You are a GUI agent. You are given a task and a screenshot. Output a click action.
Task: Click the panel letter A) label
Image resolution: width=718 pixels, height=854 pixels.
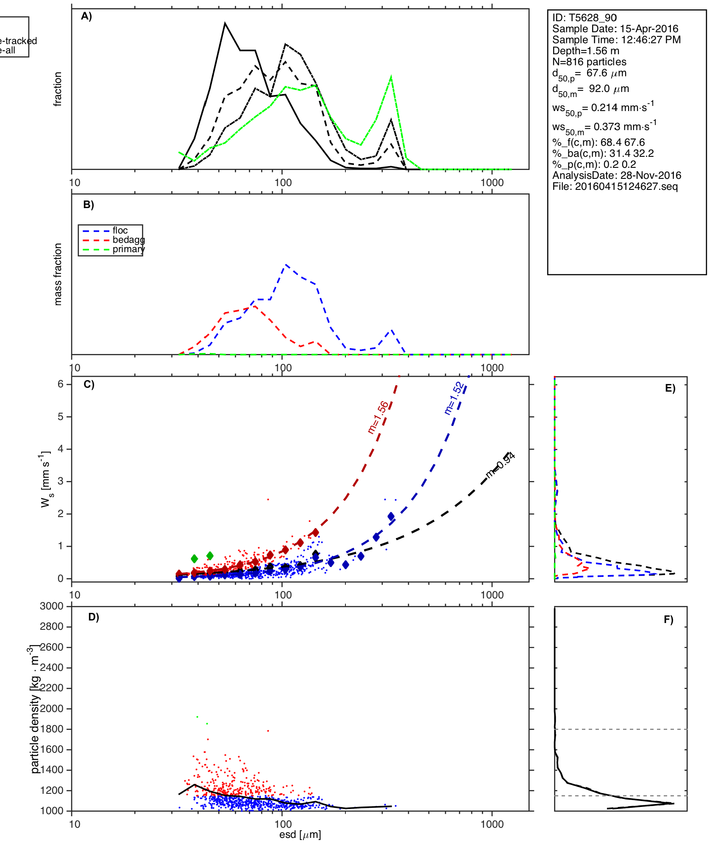tap(86, 17)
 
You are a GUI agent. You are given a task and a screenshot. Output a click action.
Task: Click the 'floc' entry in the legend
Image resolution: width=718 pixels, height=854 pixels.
tap(120, 231)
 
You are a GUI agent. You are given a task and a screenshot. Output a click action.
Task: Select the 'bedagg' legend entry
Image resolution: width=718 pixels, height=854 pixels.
tap(128, 240)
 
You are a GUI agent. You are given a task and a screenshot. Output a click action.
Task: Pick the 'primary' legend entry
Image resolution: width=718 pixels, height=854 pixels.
tap(128, 249)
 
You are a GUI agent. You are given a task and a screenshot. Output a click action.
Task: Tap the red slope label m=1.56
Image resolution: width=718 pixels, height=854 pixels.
tap(378, 417)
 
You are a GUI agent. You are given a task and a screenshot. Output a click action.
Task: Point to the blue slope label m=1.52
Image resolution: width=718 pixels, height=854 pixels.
tap(454, 398)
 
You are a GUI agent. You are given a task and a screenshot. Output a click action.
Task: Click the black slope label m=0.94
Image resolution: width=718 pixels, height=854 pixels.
tap(500, 465)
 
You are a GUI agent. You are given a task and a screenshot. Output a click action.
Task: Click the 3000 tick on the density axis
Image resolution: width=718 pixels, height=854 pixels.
tap(52, 606)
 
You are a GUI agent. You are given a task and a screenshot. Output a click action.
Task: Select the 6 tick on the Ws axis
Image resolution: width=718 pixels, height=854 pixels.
tap(61, 384)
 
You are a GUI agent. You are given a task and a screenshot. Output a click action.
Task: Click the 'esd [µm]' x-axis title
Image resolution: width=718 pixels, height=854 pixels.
tap(300, 835)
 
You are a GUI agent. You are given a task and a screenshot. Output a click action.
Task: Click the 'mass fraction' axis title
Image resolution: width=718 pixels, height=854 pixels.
tap(58, 274)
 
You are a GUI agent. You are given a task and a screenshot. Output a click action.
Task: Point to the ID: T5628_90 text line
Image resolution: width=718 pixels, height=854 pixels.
tap(584, 18)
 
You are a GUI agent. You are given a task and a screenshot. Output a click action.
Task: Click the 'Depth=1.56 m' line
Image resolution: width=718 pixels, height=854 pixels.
tap(586, 51)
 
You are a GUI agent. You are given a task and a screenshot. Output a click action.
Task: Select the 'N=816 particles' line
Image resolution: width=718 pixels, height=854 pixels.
tap(589, 62)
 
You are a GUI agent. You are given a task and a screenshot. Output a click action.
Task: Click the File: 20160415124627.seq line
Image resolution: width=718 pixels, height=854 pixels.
tap(615, 186)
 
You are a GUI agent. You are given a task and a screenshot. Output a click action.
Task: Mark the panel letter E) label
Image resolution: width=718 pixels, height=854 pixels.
tap(670, 389)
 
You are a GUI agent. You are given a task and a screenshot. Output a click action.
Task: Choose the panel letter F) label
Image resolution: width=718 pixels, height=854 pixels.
tap(668, 620)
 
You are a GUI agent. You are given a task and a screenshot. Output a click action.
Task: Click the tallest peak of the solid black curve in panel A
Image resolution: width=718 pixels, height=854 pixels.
tap(225, 23)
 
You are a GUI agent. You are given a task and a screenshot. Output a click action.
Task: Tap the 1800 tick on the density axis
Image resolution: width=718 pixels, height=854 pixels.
tap(52, 729)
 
